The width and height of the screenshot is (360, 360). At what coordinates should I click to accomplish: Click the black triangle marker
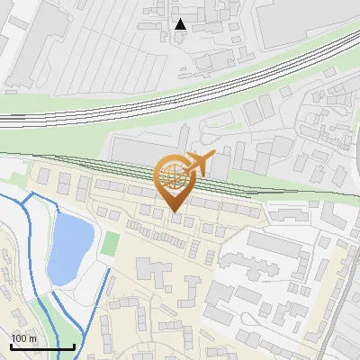click(x=181, y=24)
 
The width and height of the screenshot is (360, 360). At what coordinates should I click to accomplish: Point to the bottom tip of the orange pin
click(x=175, y=212)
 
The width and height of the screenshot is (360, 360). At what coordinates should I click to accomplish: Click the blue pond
click(x=68, y=247)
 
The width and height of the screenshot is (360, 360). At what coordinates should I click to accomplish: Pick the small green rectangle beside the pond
click(x=111, y=243)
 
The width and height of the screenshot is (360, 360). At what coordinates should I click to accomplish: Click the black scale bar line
click(x=41, y=346)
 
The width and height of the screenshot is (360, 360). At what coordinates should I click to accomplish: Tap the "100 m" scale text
click(x=24, y=338)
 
